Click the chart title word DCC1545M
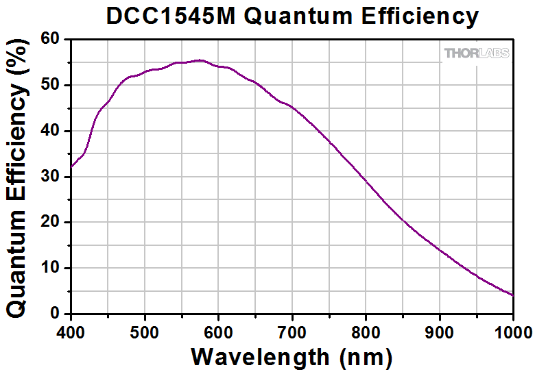(x=170, y=16)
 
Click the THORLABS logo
(x=477, y=53)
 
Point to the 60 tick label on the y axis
(x=51, y=39)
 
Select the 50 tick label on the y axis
(x=51, y=85)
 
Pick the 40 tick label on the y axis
(x=51, y=131)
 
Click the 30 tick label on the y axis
(x=51, y=177)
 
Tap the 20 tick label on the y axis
(x=51, y=222)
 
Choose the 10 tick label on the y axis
(x=51, y=268)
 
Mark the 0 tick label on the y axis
(x=57, y=314)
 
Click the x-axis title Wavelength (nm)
(x=292, y=356)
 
